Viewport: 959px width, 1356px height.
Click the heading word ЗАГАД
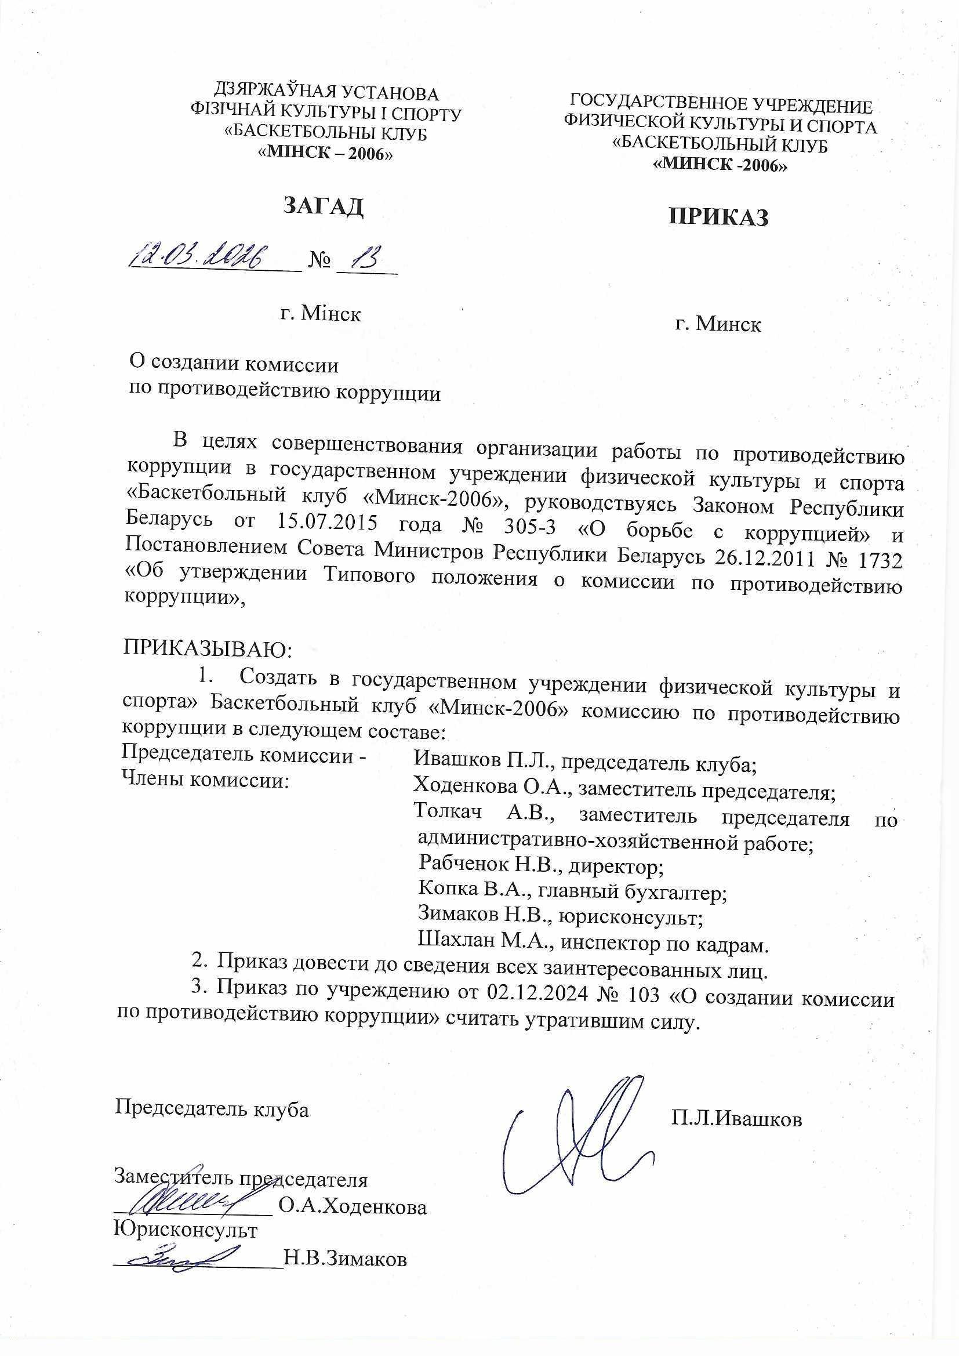point(323,205)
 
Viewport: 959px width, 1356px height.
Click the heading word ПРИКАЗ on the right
point(718,217)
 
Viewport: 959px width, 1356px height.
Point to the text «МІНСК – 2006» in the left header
point(326,154)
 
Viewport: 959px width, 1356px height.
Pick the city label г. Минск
point(718,324)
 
